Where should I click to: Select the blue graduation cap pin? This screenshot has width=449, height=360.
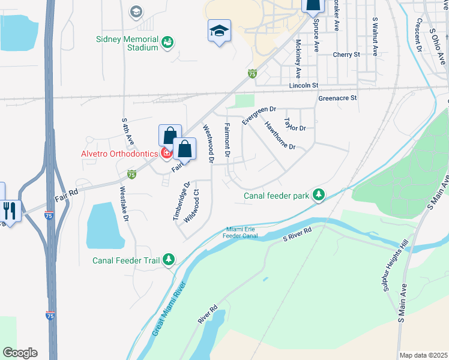pos(220,31)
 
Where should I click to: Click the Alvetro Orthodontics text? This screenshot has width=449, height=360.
pos(119,154)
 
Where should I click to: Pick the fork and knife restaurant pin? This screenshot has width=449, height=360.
pos(10,211)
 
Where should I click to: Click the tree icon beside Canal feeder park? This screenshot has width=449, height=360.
pos(319,194)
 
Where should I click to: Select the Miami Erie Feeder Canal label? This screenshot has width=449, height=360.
pos(240,233)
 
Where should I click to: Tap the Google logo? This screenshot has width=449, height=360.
pos(20,353)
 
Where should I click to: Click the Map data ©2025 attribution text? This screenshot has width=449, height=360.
pos(423,355)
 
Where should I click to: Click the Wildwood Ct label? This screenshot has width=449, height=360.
pos(191,206)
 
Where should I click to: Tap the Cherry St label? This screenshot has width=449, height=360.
pos(346,54)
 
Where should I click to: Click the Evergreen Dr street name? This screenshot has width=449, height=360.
pos(259,115)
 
